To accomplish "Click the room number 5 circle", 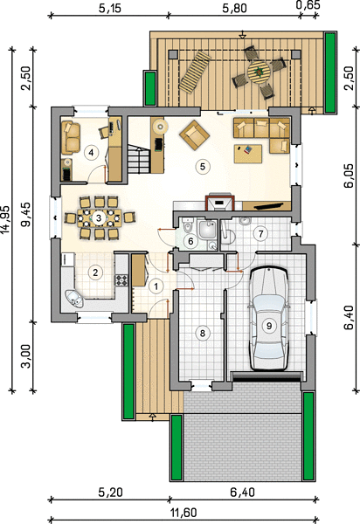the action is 203,167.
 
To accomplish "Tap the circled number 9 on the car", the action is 269,325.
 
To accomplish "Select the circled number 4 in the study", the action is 91,153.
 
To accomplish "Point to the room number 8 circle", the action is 202,333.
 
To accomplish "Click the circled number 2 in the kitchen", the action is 95,272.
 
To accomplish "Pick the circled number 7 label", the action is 260,233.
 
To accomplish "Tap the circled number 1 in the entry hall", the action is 156,286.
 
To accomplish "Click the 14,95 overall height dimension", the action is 6,218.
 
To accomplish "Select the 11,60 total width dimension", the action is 183,512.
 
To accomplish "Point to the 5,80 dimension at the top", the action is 235,8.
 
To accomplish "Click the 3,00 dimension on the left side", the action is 26,356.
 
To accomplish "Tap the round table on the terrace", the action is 259,72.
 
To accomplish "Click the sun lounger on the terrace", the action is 196,72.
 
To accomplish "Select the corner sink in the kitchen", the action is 75,299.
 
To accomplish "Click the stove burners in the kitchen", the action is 121,279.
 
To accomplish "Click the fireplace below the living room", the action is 220,202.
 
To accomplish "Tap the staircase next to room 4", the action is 138,161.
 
